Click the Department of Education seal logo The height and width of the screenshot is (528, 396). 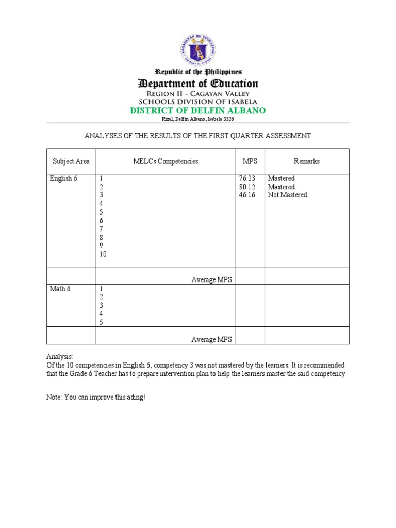[198, 49]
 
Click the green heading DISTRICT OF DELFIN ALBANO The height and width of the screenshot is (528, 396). [198, 111]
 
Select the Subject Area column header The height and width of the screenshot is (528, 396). [71, 161]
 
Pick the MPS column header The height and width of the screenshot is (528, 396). [250, 161]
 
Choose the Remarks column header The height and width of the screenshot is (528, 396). [307, 161]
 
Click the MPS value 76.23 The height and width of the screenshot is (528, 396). [247, 178]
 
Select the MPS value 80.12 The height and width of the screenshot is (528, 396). [247, 187]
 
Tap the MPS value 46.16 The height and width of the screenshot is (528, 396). [247, 195]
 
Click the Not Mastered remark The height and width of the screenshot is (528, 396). [287, 195]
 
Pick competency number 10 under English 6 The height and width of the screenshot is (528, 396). [103, 254]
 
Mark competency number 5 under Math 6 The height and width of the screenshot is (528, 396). [102, 322]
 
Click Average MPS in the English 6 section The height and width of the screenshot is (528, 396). [211, 279]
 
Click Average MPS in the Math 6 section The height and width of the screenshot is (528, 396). [211, 339]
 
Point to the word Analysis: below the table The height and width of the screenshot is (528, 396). [60, 356]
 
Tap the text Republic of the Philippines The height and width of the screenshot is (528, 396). [198, 72]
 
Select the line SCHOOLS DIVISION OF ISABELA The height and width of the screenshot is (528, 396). [198, 102]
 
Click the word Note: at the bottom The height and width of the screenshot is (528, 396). [54, 398]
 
